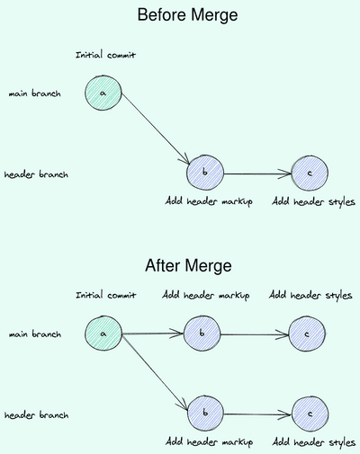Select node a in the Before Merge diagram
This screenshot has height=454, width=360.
103,93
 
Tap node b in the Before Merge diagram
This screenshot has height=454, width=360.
204,172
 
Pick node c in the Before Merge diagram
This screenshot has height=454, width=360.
309,172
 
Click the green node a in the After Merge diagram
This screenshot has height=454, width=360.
103,334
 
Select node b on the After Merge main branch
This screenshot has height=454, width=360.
202,334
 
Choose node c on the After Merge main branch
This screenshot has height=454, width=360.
308,334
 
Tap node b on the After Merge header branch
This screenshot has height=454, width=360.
208,414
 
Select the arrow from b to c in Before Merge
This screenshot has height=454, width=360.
256,173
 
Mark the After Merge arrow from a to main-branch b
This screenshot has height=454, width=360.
152,334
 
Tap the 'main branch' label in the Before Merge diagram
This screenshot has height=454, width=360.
34,93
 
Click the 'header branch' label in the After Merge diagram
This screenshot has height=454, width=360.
37,415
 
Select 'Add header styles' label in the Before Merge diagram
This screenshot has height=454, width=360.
312,201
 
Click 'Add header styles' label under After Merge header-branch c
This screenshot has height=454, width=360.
312,442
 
